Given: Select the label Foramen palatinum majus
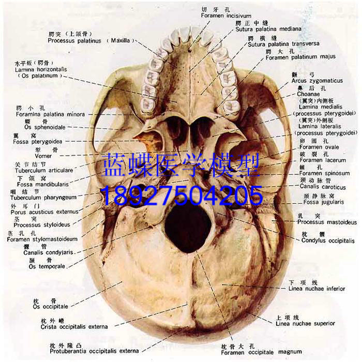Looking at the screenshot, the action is pyautogui.click(x=300, y=57).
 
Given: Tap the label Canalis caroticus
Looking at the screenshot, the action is pyautogui.click(x=323, y=187).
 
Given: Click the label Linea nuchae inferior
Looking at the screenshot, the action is pyautogui.click(x=316, y=289).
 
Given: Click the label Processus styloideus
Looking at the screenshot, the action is pyautogui.click(x=42, y=225).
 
